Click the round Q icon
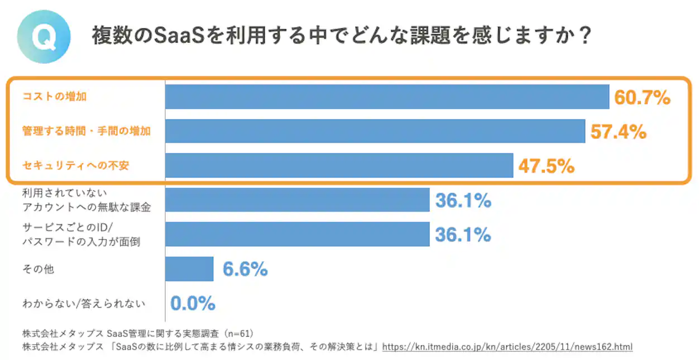[44, 37]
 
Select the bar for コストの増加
[386, 97]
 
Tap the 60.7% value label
[642, 98]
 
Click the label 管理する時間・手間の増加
[87, 131]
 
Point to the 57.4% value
[618, 132]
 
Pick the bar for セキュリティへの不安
[339, 166]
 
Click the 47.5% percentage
[546, 166]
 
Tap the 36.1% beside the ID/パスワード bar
[463, 234]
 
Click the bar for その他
[189, 269]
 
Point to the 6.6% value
[245, 270]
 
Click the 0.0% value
[193, 304]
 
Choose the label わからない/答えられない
[84, 304]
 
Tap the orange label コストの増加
[54, 97]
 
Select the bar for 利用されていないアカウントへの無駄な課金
[297, 200]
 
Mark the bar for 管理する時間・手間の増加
[375, 131]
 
